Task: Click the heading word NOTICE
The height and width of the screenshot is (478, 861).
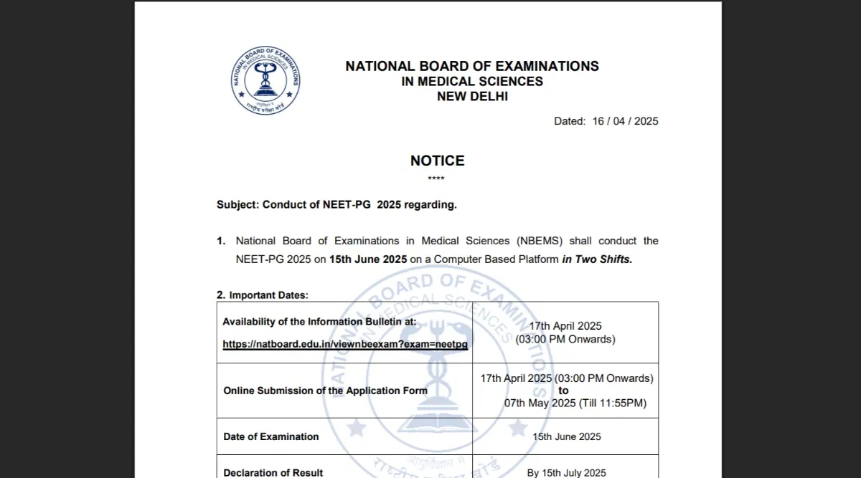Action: [x=437, y=161]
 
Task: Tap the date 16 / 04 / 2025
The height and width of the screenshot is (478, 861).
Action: [x=625, y=121]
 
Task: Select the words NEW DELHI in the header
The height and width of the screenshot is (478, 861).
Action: [x=472, y=96]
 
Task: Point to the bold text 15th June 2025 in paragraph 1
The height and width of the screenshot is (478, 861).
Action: [x=368, y=259]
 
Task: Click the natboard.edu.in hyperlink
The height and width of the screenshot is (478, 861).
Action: [x=345, y=344]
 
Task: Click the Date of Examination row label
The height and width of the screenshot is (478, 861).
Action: [x=271, y=436]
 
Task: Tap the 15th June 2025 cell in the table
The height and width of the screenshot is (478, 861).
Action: [x=566, y=436]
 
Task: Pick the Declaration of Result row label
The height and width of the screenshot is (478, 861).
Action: [x=273, y=472]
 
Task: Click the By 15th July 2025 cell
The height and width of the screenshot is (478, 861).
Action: [x=566, y=472]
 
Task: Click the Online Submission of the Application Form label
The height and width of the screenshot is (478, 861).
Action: [x=325, y=391]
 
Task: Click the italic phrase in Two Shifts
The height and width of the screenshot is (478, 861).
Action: [x=597, y=259]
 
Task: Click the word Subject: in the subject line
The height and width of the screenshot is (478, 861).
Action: [x=237, y=205]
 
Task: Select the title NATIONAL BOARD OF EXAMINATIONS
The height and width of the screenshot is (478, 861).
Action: [x=472, y=66]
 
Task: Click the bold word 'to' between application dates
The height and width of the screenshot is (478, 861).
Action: [x=563, y=391]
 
